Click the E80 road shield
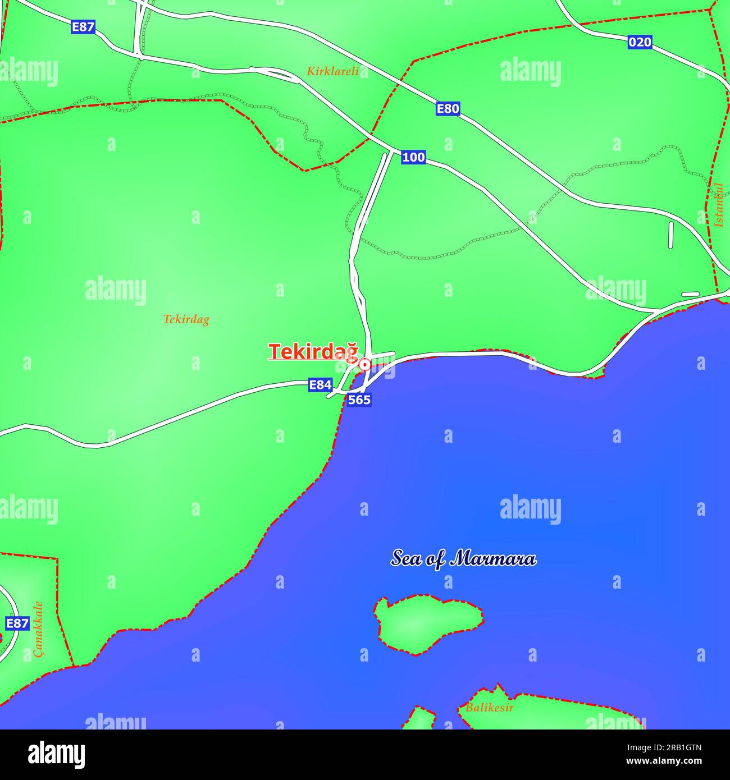point(448,108)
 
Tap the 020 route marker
point(640,42)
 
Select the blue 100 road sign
point(413,158)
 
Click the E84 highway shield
point(320,385)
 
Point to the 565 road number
point(359,400)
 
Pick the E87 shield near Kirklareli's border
point(83,26)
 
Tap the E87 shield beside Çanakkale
point(17,623)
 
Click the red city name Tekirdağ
point(313,351)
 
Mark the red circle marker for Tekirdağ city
point(364,365)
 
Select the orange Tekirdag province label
point(186,320)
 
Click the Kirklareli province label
point(332,71)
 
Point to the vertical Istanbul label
point(718,205)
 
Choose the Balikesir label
point(489,708)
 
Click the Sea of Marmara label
point(463,559)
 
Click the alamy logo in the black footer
point(56,754)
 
